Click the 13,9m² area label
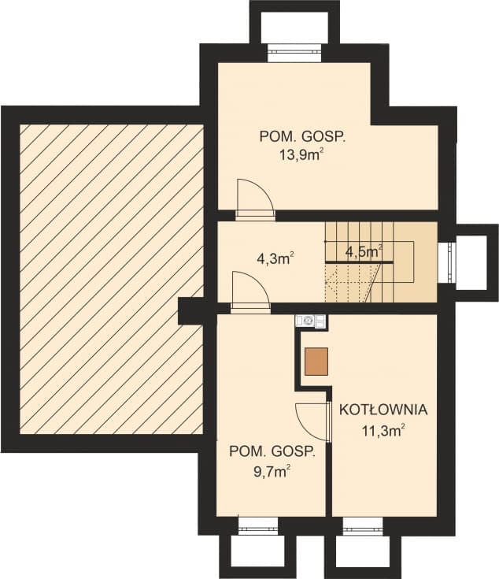click(x=302, y=154)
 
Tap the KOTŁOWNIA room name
click(x=383, y=410)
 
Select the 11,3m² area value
click(x=383, y=430)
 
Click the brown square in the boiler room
click(x=316, y=361)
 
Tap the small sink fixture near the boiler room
click(x=309, y=321)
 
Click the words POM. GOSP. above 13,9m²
click(x=302, y=135)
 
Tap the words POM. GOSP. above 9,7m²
click(x=272, y=452)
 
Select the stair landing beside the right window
click(x=424, y=261)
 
